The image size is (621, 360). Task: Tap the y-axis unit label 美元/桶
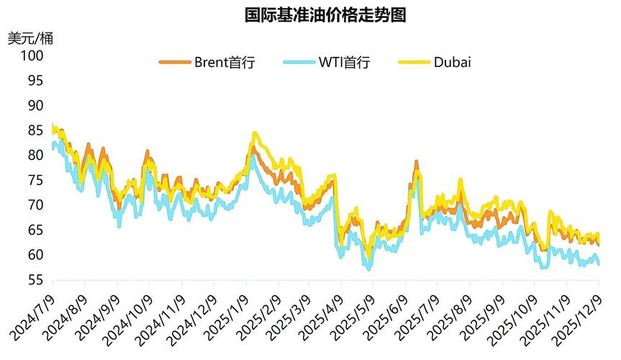coord(30,38)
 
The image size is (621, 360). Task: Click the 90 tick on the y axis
coord(35,105)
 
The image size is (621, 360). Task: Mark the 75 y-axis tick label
coord(35,180)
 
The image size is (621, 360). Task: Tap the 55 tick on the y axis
coord(35,280)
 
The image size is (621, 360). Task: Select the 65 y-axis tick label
coord(35,230)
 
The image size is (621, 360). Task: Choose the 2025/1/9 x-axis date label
coord(227,317)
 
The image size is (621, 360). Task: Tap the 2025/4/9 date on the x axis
coord(324,317)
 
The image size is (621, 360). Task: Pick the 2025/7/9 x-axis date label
coord(421,317)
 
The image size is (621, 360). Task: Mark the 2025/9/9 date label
coord(486,317)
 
